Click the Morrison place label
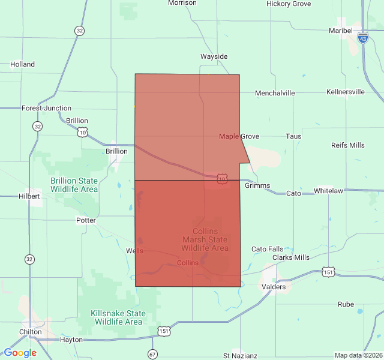point(182,3)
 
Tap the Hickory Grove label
point(289,4)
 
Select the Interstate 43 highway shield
point(362,38)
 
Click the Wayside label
point(214,56)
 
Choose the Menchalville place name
point(275,93)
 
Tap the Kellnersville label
point(346,92)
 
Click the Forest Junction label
point(46,108)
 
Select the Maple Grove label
point(239,136)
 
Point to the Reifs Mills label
point(347,145)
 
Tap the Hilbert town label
point(29,196)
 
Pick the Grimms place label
point(257,185)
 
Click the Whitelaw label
point(328,191)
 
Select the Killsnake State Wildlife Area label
point(118,317)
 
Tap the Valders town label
point(274,287)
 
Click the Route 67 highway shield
point(153,353)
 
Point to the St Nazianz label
point(240,356)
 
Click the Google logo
point(20,353)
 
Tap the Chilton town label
point(31,332)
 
